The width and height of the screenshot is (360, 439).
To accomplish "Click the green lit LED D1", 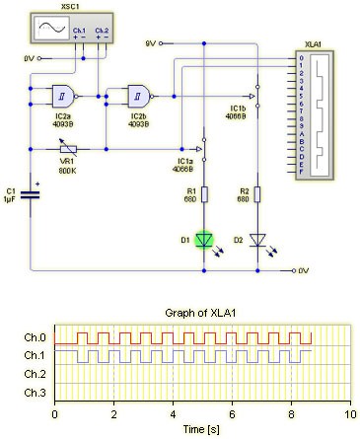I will (x=204, y=239).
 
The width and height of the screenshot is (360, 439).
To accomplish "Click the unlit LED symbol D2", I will (x=258, y=239).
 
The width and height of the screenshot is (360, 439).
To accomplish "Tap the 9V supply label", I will (x=151, y=43).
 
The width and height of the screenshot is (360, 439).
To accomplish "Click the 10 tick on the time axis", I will (x=350, y=414).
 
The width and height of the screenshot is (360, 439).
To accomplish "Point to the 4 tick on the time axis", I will (x=174, y=414).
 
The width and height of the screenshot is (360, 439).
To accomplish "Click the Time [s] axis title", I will (x=202, y=430).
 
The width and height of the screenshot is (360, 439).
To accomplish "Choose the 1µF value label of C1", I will (x=10, y=199).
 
